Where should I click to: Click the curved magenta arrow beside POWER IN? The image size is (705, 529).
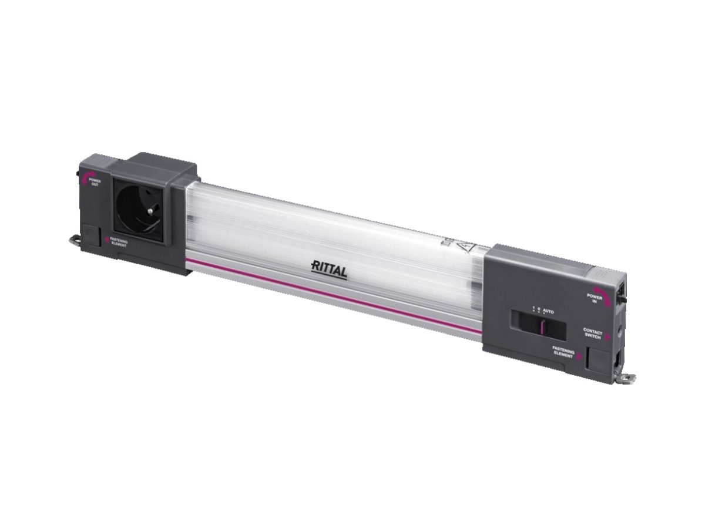click(x=600, y=292)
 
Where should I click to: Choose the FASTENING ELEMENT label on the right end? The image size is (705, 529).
click(x=563, y=351)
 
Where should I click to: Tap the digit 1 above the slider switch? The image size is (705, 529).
click(x=533, y=308)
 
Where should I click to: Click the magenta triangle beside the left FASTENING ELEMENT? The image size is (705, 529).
click(x=106, y=240)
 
